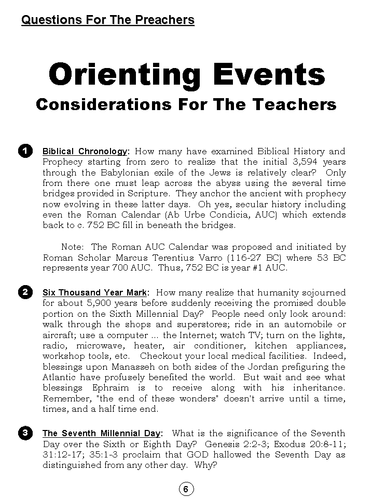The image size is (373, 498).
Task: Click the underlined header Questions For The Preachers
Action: tap(108, 20)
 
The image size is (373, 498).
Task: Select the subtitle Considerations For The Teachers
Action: tap(186, 104)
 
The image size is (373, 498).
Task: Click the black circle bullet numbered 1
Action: tap(25, 151)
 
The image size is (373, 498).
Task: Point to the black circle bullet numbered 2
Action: tap(25, 292)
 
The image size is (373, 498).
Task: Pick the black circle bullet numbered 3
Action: tap(25, 433)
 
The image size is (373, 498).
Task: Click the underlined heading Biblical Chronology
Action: tap(85, 152)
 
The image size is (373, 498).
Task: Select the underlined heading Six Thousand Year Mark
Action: tap(95, 293)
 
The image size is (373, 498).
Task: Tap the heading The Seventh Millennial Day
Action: tap(102, 434)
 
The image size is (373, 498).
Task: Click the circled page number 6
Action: tap(186, 489)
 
